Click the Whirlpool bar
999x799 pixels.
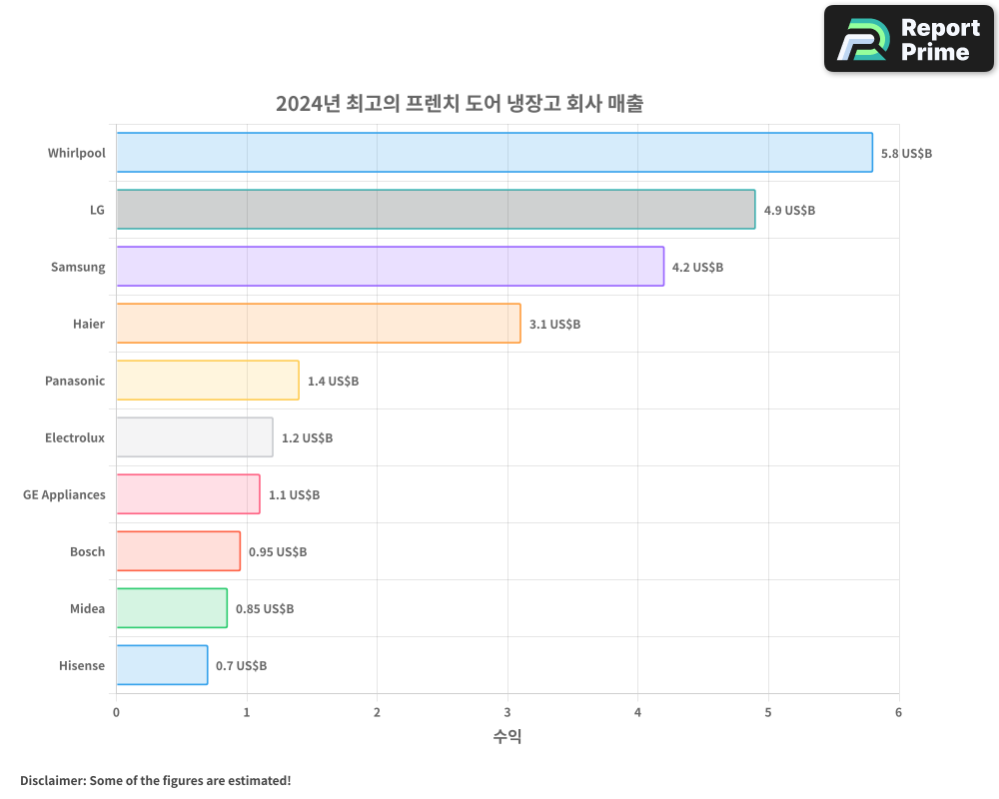click(x=495, y=153)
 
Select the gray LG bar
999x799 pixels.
click(x=436, y=210)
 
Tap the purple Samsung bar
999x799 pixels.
click(x=390, y=267)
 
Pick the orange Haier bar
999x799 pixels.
click(x=318, y=324)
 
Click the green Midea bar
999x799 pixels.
click(x=172, y=608)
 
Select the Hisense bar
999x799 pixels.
click(x=162, y=665)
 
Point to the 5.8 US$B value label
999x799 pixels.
click(x=906, y=154)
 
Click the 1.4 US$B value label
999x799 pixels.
click(x=333, y=382)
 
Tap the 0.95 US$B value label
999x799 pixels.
click(x=278, y=552)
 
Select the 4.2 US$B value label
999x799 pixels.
click(x=697, y=268)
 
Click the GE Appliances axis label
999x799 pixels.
click(x=64, y=495)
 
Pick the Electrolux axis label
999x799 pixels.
click(x=75, y=438)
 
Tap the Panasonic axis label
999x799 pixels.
click(x=75, y=382)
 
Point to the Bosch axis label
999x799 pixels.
click(x=87, y=552)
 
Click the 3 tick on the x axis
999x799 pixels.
click(x=507, y=712)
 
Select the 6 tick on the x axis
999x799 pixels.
click(x=898, y=712)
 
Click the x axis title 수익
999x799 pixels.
click(x=507, y=737)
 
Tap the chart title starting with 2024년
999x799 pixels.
click(x=460, y=104)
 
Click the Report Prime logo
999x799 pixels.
click(x=908, y=39)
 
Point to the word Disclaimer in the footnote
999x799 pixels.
click(x=51, y=780)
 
